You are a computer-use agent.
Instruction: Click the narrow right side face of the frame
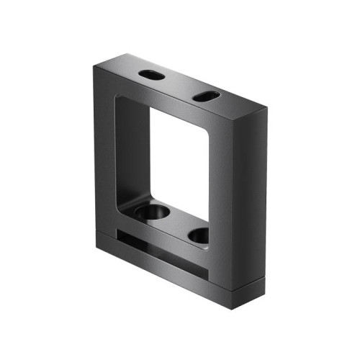coord(250,202)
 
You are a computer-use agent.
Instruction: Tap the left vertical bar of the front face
coord(104,151)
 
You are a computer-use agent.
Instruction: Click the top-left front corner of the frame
coord(94,66)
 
